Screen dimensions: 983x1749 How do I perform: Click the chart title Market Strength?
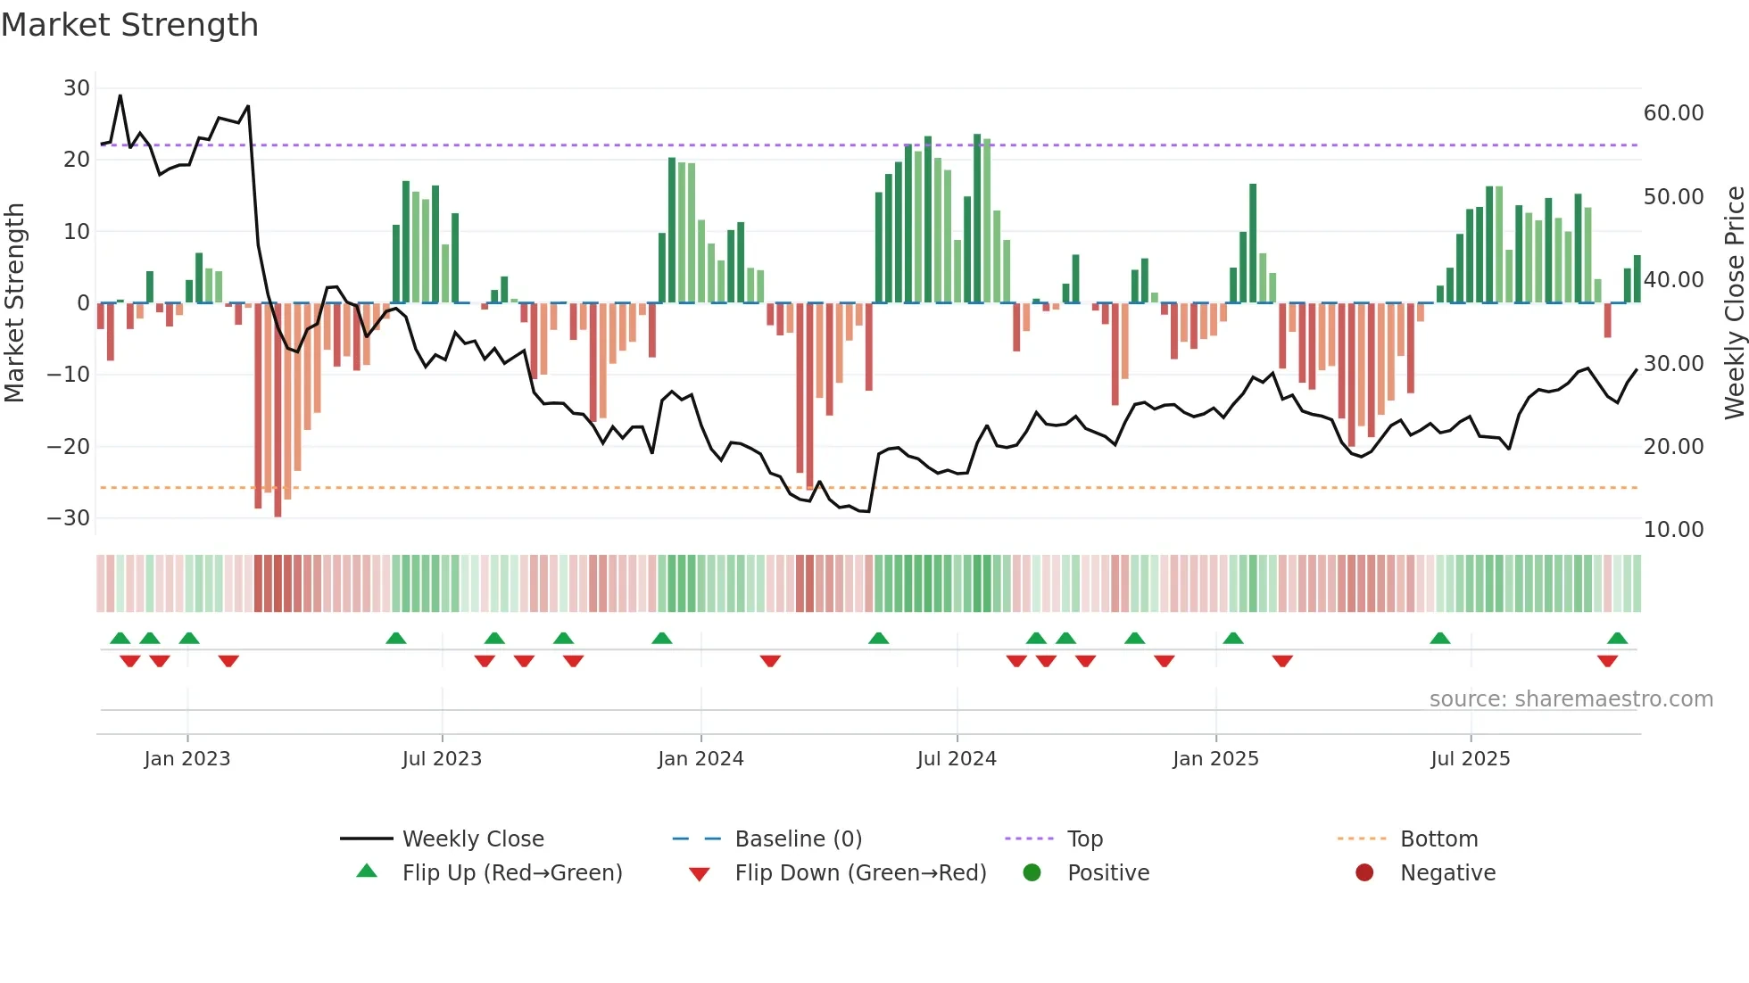tap(129, 25)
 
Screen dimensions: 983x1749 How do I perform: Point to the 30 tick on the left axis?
tap(77, 88)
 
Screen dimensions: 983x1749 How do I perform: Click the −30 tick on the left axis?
tap(70, 518)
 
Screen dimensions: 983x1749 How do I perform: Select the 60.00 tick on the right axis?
tap(1673, 113)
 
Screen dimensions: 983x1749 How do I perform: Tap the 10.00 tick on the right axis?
tap(1673, 530)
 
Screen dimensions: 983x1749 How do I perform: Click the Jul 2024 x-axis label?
tap(957, 759)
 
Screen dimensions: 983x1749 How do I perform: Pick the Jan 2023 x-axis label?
tap(187, 759)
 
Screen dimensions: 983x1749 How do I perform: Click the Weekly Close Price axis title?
tap(1734, 303)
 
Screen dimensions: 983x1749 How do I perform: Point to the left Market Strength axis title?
tap(14, 303)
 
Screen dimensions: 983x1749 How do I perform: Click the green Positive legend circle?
tap(1032, 873)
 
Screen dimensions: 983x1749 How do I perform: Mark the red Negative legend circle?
tap(1364, 873)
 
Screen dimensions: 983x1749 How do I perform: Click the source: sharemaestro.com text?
tap(1571, 699)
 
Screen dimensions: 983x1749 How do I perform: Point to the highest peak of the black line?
tap(120, 95)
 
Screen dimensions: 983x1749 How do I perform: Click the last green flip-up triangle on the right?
tap(1617, 638)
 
